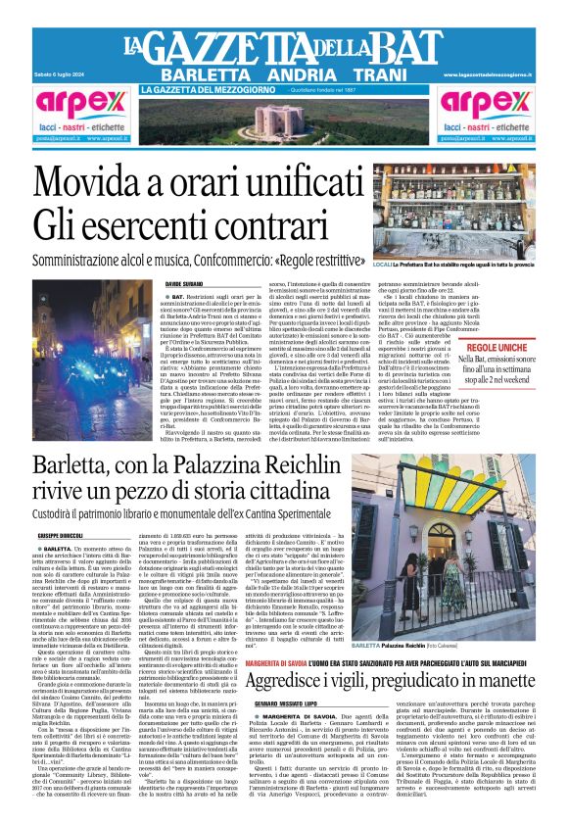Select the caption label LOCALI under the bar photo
(383, 266)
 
